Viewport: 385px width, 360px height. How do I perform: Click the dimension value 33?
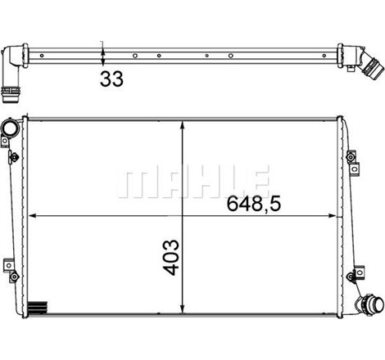(112, 79)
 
